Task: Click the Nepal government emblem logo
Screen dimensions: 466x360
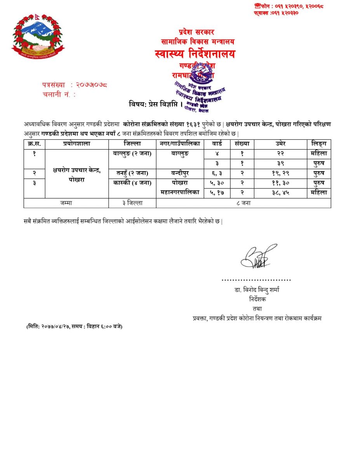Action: click(x=38, y=36)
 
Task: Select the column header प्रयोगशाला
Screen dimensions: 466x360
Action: click(x=77, y=144)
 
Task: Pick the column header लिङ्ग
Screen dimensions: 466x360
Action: click(x=318, y=144)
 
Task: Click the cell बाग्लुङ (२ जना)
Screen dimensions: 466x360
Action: click(x=132, y=153)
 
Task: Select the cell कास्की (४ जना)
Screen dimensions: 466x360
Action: click(x=132, y=183)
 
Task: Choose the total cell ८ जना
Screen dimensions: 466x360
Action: click(x=243, y=203)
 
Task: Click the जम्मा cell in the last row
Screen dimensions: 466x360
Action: click(x=66, y=203)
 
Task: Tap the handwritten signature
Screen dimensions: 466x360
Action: click(x=257, y=256)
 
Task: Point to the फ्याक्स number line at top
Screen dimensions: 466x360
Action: click(x=276, y=13)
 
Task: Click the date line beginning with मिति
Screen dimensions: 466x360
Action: click(x=75, y=326)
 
